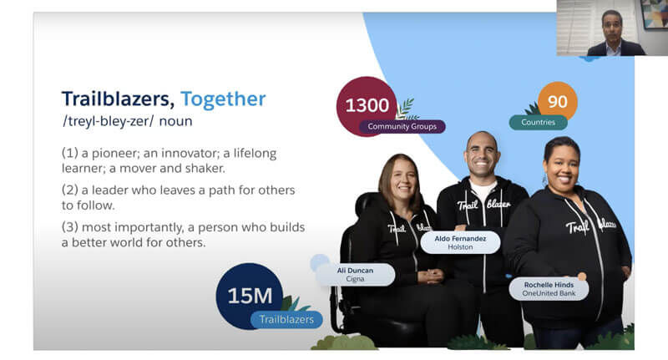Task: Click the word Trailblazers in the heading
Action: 118,99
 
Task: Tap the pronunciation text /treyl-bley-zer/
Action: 109,121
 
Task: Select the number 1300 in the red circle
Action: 367,105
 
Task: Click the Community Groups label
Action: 402,126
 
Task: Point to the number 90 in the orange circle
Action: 558,101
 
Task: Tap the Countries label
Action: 538,122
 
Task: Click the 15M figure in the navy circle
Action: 250,296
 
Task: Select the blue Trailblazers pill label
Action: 286,320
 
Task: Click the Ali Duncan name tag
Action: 356,274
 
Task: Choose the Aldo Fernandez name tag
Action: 460,242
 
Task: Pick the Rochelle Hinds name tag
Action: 549,289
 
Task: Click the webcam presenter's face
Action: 612,27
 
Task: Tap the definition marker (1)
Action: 70,153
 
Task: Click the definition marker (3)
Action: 70,227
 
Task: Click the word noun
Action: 175,121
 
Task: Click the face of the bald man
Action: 482,155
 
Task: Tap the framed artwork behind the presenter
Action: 655,14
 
